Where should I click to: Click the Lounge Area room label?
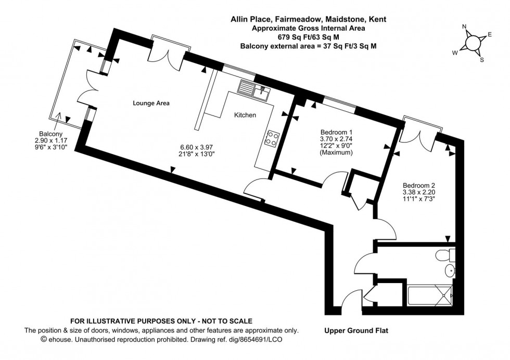tap(151, 104)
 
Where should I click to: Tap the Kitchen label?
tap(245, 115)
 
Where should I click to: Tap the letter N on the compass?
tap(465, 28)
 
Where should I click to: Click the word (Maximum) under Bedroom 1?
tap(336, 153)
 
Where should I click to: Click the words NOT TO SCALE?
tap(224, 322)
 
